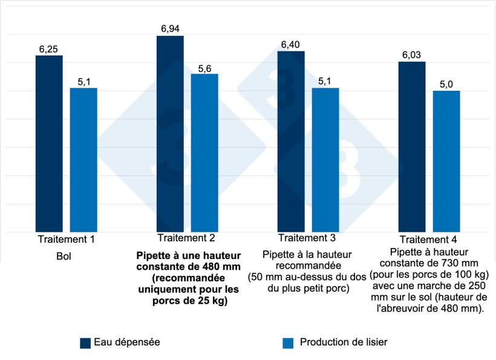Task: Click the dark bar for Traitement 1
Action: [x=49, y=143]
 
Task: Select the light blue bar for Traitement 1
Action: [x=83, y=160]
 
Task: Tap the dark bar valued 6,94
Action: [x=170, y=134]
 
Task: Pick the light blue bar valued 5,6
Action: [x=204, y=152]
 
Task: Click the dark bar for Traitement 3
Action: [x=291, y=142]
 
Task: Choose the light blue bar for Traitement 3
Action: [x=325, y=160]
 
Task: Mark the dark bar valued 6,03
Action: [x=412, y=146]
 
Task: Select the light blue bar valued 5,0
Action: [x=446, y=161]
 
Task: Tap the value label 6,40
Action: [x=291, y=44]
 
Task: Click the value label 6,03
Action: [x=412, y=55]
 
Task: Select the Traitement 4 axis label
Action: [x=429, y=240]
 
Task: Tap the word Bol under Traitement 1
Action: [x=66, y=256]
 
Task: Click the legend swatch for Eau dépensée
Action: [x=85, y=343]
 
